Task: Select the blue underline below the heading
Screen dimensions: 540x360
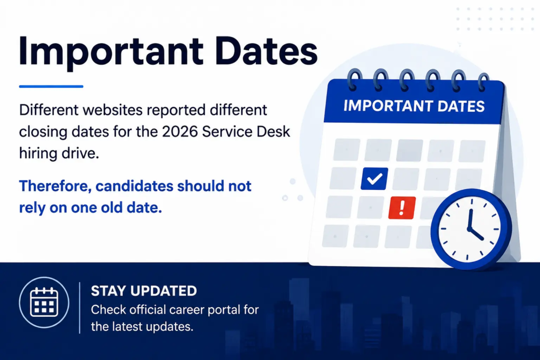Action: [x=51, y=86]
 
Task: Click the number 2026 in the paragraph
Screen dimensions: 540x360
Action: [x=180, y=131]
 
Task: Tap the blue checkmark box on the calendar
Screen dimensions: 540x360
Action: [x=374, y=179]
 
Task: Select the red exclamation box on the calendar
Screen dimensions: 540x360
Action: [x=402, y=208]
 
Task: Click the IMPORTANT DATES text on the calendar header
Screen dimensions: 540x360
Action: [x=414, y=106]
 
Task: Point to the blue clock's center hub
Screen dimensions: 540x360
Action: [x=469, y=228]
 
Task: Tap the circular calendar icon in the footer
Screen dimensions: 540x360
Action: [x=44, y=303]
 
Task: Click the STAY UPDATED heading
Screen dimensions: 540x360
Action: [x=144, y=291]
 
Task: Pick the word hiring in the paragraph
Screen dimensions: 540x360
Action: [x=38, y=153]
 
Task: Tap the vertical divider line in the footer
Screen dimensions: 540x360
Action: [x=80, y=308]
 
